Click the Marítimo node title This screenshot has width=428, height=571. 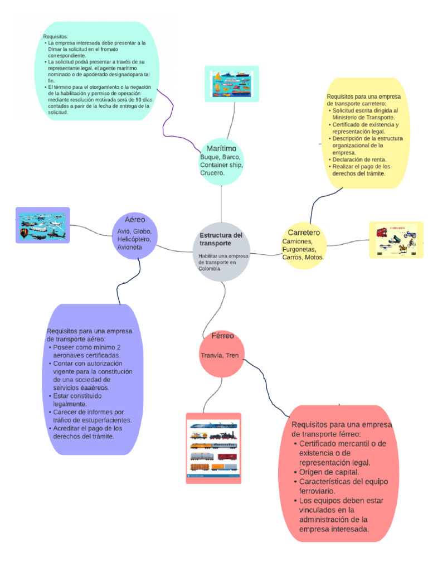[221, 149]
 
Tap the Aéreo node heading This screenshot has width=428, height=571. [135, 220]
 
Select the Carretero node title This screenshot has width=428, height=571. [304, 232]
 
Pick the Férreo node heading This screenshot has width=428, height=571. [222, 336]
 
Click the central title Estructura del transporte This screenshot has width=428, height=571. [221, 239]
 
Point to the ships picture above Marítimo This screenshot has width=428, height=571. [232, 84]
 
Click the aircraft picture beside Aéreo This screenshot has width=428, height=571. [42, 225]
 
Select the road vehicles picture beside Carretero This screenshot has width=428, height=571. [396, 240]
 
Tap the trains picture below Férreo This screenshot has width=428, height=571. [213, 447]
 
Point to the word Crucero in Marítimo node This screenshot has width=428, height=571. [212, 173]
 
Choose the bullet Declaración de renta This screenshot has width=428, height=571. [359, 159]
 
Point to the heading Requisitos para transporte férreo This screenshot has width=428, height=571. [341, 429]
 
